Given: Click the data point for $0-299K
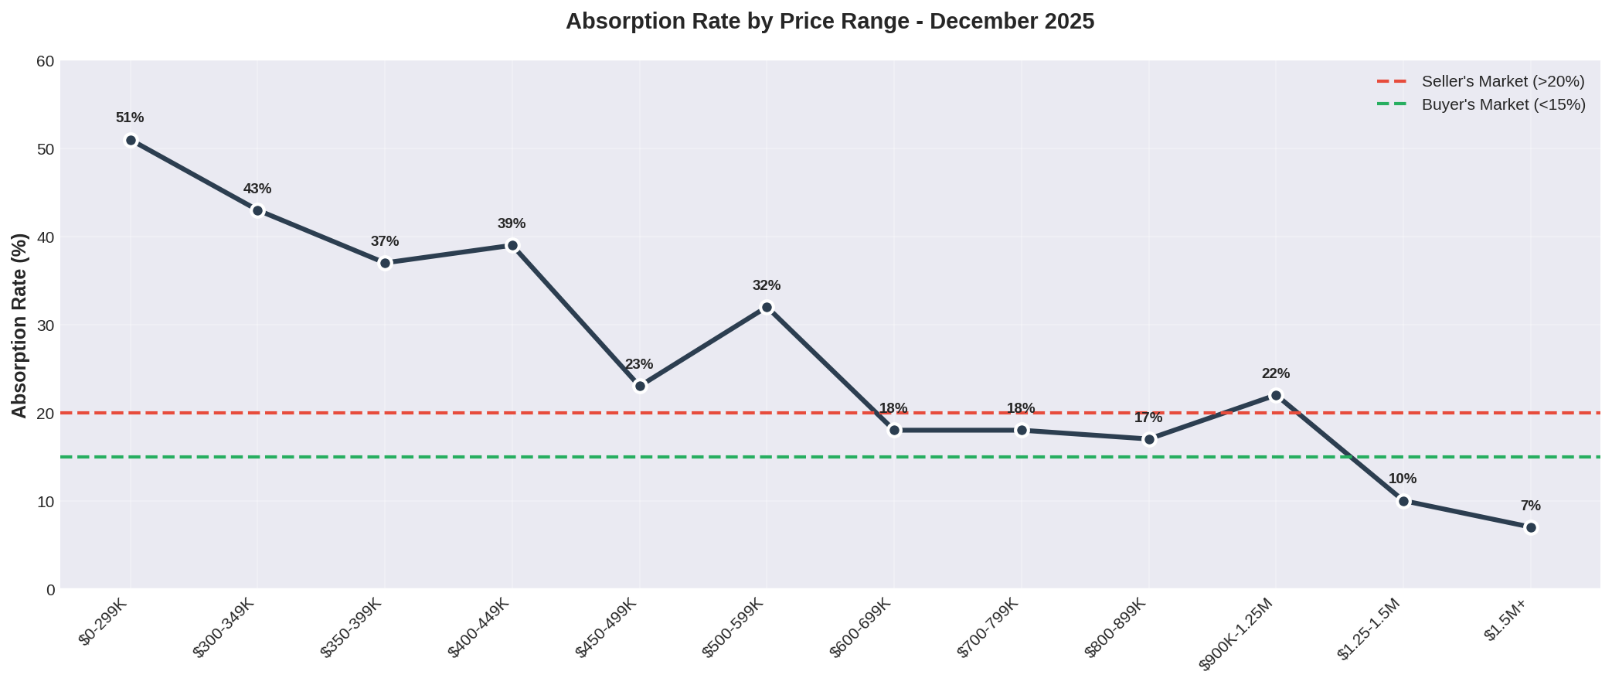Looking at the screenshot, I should click(x=131, y=140).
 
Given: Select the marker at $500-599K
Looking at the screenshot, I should click(x=767, y=307).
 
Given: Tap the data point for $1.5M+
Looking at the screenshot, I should click(x=1531, y=527).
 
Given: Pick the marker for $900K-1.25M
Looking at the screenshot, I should click(x=1276, y=395).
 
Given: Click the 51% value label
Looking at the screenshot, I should click(x=130, y=118).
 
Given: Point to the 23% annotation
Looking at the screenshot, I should click(x=639, y=364).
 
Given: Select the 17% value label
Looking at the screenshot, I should click(x=1148, y=417).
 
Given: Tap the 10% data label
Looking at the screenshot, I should click(x=1403, y=479).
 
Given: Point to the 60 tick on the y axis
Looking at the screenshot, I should click(x=46, y=61).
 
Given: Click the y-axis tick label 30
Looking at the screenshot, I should click(x=46, y=325).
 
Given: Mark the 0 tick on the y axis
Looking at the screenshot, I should click(x=51, y=590).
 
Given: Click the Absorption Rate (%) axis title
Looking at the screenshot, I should click(x=20, y=325).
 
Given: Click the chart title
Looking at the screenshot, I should click(x=830, y=22).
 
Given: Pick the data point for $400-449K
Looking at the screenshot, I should click(x=512, y=246).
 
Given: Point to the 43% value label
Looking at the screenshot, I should click(x=257, y=189).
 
